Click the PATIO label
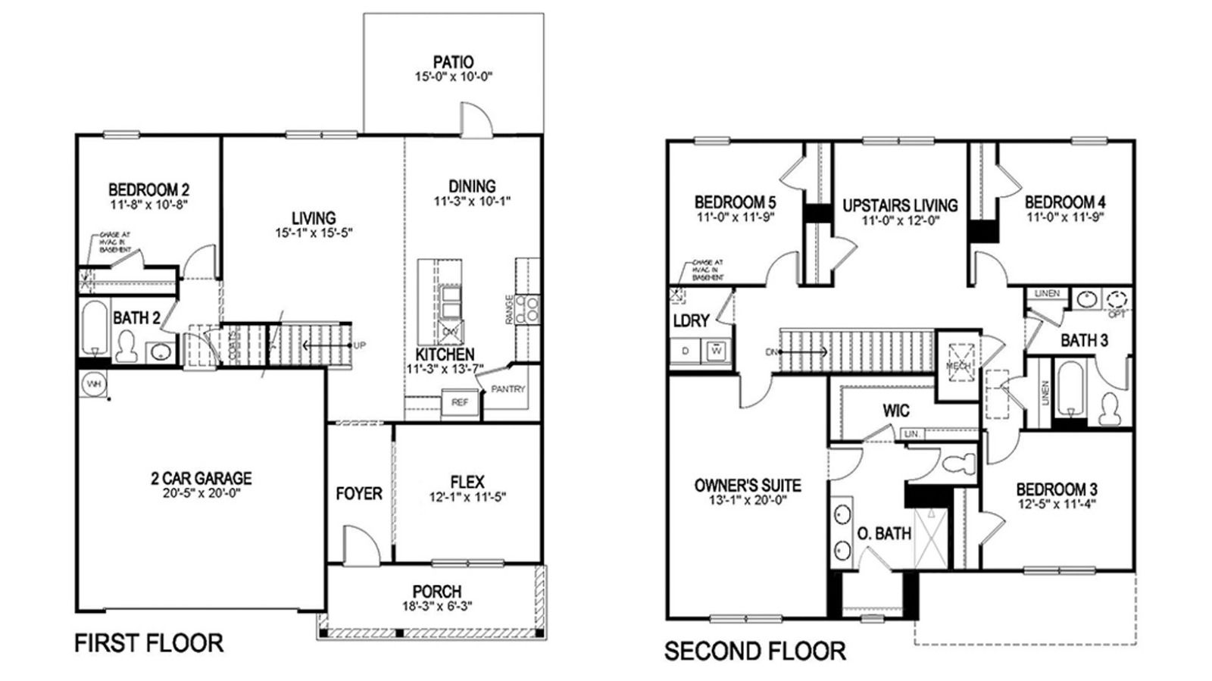point(453,62)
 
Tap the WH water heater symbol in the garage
point(93,384)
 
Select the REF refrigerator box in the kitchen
point(460,402)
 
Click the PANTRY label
point(508,389)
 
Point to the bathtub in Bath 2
point(94,328)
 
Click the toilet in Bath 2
point(127,348)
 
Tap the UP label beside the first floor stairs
point(360,345)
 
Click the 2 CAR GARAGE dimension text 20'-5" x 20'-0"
point(201,493)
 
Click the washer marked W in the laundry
point(716,351)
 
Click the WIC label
point(895,411)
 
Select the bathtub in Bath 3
point(1070,389)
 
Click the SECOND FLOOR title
point(754,651)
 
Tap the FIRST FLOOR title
point(148,643)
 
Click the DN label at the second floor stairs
point(771,352)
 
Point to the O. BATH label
point(883,533)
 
